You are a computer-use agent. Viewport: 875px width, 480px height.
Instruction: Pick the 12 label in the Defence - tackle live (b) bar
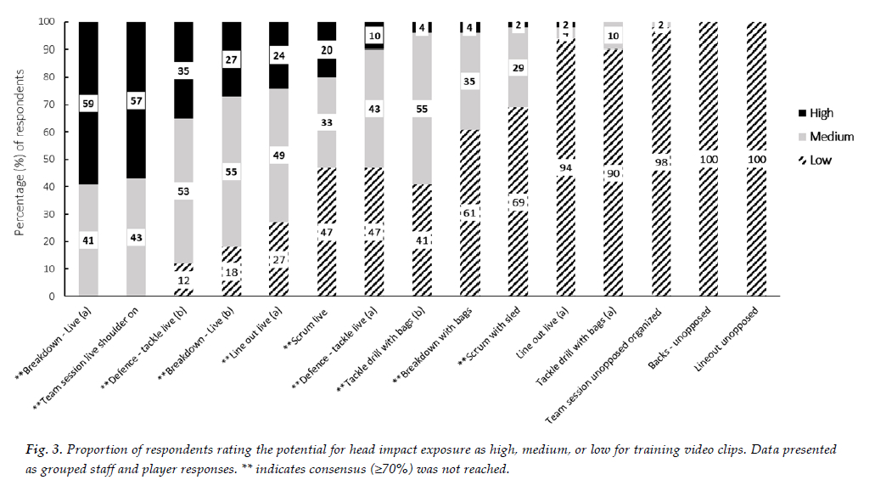pos(183,280)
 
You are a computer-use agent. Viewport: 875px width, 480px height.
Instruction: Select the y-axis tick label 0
pos(53,296)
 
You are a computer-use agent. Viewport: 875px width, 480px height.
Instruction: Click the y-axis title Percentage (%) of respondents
pos(20,158)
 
